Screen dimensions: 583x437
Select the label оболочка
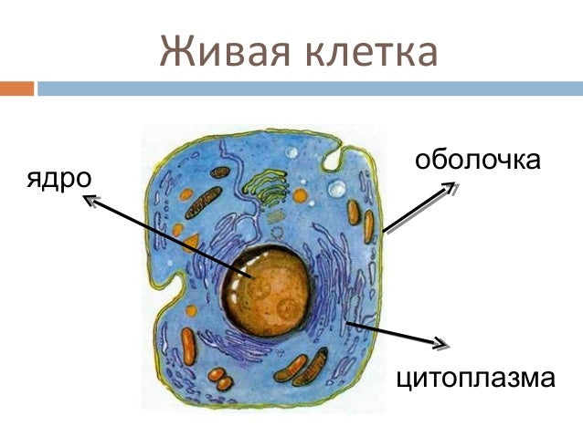(x=477, y=161)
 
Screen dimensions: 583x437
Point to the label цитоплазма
(x=475, y=377)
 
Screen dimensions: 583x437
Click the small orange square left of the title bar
(x=16, y=88)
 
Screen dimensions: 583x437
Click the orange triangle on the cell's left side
(x=191, y=242)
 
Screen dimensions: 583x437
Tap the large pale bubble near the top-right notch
(x=337, y=190)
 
